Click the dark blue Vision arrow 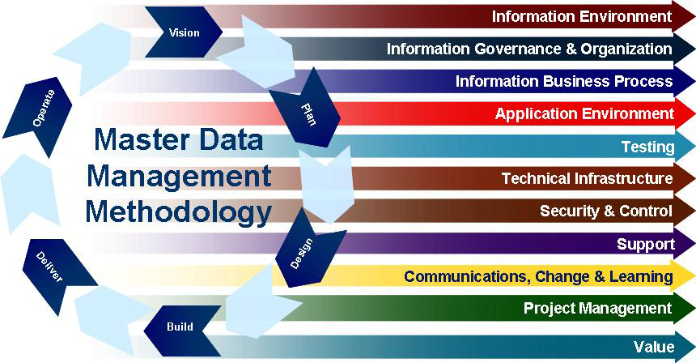(x=184, y=32)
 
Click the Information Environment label (x=581, y=15)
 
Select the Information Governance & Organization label (x=528, y=49)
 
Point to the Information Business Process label (x=563, y=81)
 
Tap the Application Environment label (x=584, y=113)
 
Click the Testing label (x=647, y=147)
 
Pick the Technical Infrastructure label (x=587, y=178)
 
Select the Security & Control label (x=606, y=211)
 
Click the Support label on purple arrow (x=645, y=244)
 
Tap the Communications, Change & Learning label (x=538, y=276)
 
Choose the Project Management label (x=597, y=308)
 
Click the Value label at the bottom (x=654, y=347)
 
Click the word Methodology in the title (x=178, y=211)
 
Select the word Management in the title (x=178, y=175)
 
